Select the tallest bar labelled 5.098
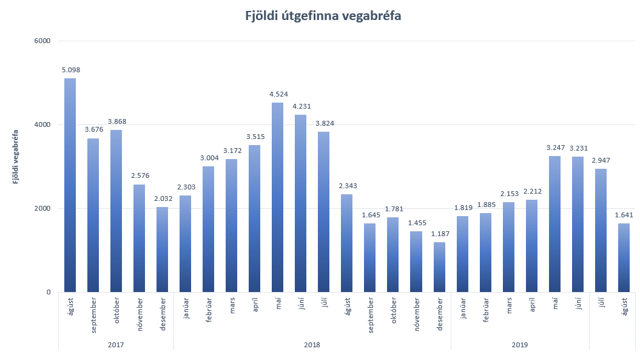(70, 185)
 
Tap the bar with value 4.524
(278, 197)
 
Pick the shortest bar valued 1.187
(439, 267)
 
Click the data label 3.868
(117, 121)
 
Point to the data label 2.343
(347, 186)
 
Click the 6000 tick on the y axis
(42, 41)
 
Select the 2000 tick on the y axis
(42, 208)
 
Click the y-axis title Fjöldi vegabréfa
(16, 156)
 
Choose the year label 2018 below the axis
(312, 345)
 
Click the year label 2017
(116, 345)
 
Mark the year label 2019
(519, 345)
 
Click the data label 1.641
(624, 215)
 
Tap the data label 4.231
(301, 106)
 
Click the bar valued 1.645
(370, 257)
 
